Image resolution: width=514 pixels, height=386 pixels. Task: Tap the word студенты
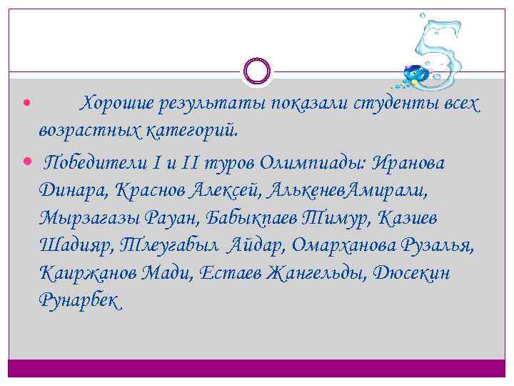click(397, 104)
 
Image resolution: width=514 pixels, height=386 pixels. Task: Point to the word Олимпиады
click(325, 163)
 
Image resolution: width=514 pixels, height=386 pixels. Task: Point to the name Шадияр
click(76, 245)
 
